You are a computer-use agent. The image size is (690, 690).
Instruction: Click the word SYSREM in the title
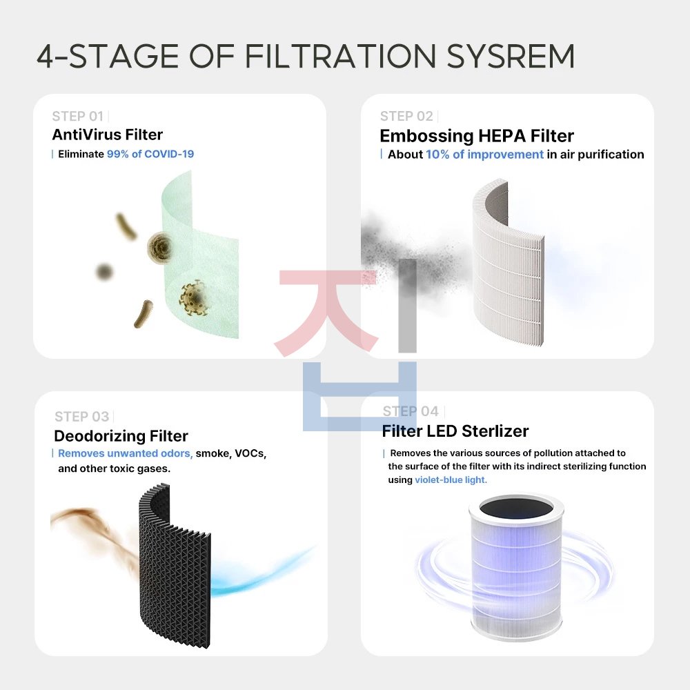[x=511, y=57]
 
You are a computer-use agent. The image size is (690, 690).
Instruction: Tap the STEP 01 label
[x=77, y=116]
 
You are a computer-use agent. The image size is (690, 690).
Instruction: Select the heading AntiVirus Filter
[x=108, y=135]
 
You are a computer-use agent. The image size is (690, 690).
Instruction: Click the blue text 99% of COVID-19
[x=150, y=154]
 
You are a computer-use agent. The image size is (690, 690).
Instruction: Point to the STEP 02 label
[x=406, y=116]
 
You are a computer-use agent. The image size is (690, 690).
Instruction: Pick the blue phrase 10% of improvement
[x=484, y=155]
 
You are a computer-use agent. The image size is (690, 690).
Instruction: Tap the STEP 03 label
[x=81, y=416]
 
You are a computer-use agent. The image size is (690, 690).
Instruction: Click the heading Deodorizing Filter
[x=121, y=435]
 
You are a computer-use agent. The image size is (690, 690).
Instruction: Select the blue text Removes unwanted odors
[x=125, y=453]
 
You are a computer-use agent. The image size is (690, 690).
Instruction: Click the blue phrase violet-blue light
[x=451, y=480]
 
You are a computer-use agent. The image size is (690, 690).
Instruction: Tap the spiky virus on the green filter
[x=194, y=297]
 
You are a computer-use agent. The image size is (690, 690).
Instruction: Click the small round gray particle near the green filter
[x=104, y=272]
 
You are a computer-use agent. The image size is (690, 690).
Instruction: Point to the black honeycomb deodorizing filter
[x=175, y=566]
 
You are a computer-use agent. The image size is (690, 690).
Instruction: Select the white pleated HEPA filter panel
[x=508, y=262]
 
